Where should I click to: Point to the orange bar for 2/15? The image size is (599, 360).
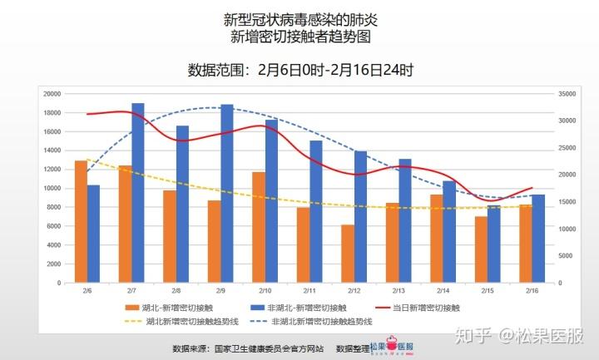[481, 249]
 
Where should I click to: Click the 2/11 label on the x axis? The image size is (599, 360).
[309, 291]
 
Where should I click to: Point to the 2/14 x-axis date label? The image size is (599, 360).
[443, 291]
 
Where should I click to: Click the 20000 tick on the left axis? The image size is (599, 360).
[52, 94]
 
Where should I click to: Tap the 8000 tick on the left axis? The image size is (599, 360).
[54, 207]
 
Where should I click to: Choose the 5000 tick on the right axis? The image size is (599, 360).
[567, 256]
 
